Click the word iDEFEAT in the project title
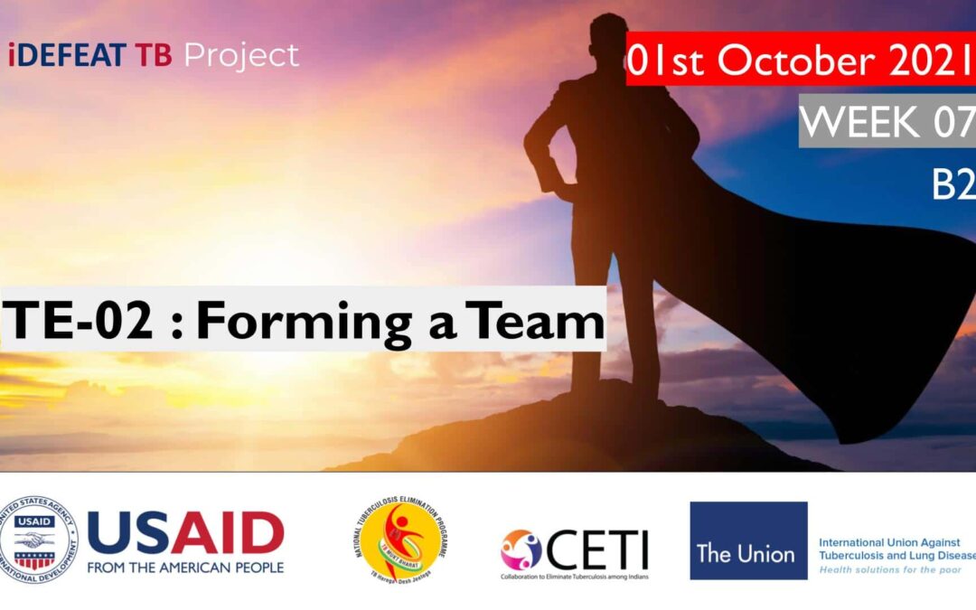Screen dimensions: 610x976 click(x=68, y=56)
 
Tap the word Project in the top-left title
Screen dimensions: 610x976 click(x=241, y=56)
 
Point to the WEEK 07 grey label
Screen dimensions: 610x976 click(x=887, y=122)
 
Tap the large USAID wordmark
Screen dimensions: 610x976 click(x=185, y=533)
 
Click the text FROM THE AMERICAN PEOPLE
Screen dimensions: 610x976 click(x=185, y=568)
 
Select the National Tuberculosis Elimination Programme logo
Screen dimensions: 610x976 click(x=400, y=540)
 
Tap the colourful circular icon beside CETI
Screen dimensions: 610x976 click(x=521, y=549)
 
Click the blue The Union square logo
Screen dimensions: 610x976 click(x=748, y=540)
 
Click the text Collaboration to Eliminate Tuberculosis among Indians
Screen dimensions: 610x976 click(x=575, y=576)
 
